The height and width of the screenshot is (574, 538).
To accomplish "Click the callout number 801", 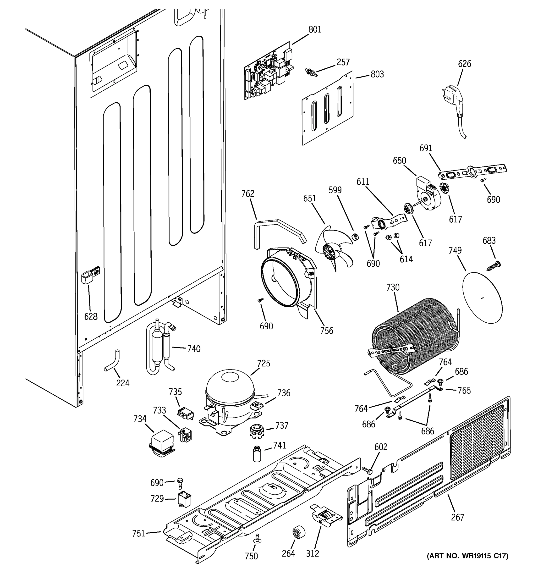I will pos(315,29).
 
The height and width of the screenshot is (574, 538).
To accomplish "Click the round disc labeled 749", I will pos(482,297).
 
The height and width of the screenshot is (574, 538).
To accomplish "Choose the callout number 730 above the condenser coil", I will pos(393,287).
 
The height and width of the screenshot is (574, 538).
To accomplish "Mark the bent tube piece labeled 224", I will pos(114,361).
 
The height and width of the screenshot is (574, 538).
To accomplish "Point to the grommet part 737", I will pos(256,431).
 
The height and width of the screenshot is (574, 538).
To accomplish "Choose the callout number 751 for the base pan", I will pos(138,533).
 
